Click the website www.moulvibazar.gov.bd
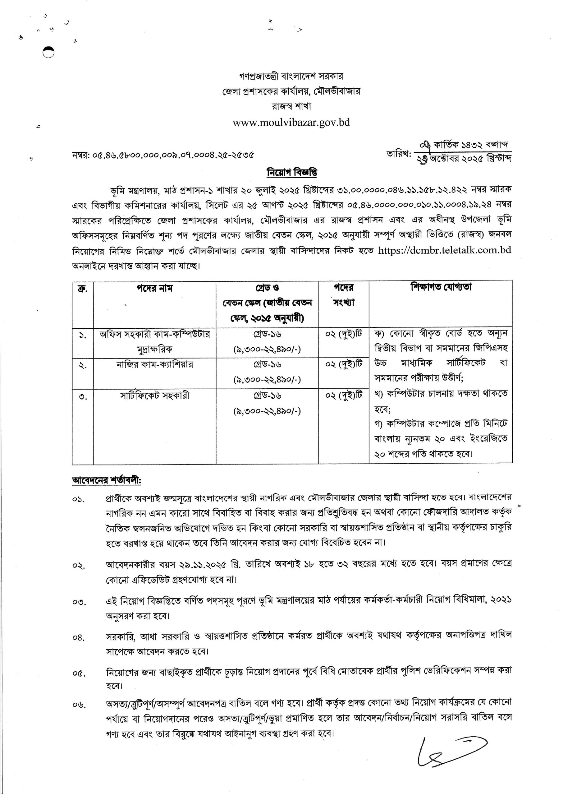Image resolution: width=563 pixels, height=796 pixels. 291,123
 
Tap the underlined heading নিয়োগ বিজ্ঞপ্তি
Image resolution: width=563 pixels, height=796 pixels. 292,172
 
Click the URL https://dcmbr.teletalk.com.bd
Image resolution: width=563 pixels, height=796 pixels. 444,250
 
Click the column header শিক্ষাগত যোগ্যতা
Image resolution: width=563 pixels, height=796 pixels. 441,288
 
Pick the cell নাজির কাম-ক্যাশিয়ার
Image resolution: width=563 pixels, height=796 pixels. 154,364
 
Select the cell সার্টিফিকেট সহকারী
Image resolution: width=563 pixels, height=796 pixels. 154,396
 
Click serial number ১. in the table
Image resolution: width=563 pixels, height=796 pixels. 83,336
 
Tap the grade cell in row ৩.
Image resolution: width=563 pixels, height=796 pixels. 267,403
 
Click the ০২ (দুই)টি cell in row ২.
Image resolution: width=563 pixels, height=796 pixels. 343,364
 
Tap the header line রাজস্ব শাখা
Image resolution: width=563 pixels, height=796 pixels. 291,106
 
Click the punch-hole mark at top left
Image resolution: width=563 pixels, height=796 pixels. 48,52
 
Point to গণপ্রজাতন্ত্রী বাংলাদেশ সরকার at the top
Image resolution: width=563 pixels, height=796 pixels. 291,76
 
